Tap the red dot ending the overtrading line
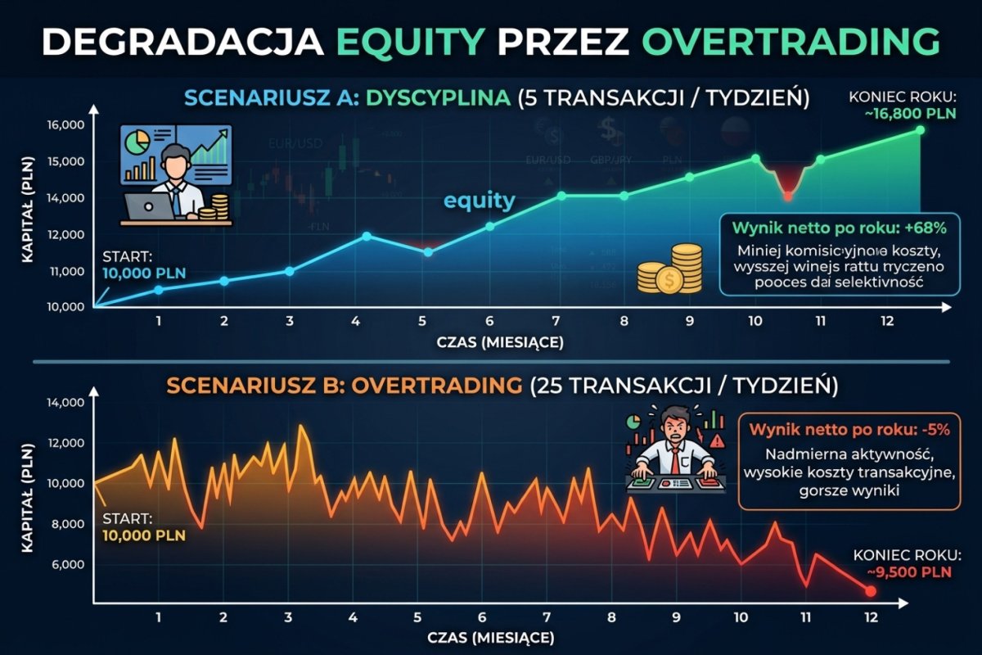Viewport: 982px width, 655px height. click(x=870, y=591)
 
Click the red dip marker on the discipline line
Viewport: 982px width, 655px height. click(x=787, y=196)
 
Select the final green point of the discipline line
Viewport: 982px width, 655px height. click(x=921, y=130)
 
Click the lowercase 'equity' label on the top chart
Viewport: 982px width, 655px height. click(x=480, y=200)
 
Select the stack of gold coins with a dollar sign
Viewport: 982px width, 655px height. click(x=671, y=270)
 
